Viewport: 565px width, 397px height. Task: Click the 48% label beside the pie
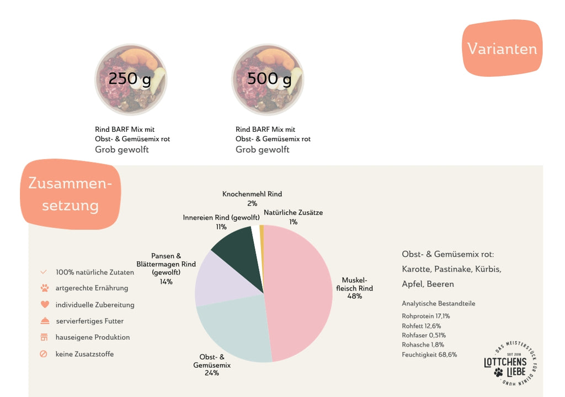tap(355, 296)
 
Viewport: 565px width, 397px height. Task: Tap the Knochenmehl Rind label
tap(252, 194)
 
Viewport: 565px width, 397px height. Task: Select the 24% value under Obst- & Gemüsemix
tap(212, 373)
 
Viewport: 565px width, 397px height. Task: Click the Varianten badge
tap(502, 48)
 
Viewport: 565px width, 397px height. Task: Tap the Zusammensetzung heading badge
tap(70, 194)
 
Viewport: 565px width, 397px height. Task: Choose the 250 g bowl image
tap(131, 79)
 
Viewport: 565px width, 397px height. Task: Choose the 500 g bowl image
tap(268, 79)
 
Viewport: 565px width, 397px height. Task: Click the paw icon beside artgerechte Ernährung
tap(45, 288)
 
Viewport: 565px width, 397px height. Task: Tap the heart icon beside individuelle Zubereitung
tap(45, 304)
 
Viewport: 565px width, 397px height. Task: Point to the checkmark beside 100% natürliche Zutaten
tap(44, 272)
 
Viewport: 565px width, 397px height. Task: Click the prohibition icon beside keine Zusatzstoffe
tap(44, 354)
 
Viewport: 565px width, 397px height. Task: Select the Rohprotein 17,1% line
tap(426, 316)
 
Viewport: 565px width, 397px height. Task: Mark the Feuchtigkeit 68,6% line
tap(429, 355)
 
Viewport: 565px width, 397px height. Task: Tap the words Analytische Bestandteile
tap(439, 303)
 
